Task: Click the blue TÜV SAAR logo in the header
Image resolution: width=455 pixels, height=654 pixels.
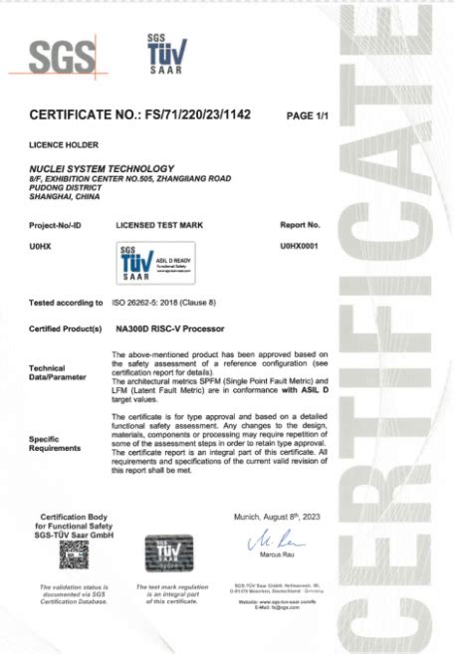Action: coord(163,57)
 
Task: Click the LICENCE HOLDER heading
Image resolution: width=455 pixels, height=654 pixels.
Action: coord(63,144)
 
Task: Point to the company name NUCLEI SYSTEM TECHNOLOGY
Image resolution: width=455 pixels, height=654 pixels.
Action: coord(102,167)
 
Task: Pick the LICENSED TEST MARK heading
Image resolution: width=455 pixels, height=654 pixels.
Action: coord(159,226)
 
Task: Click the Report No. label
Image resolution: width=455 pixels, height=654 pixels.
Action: coord(300,226)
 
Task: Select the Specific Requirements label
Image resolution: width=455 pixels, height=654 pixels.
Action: coord(56,444)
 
